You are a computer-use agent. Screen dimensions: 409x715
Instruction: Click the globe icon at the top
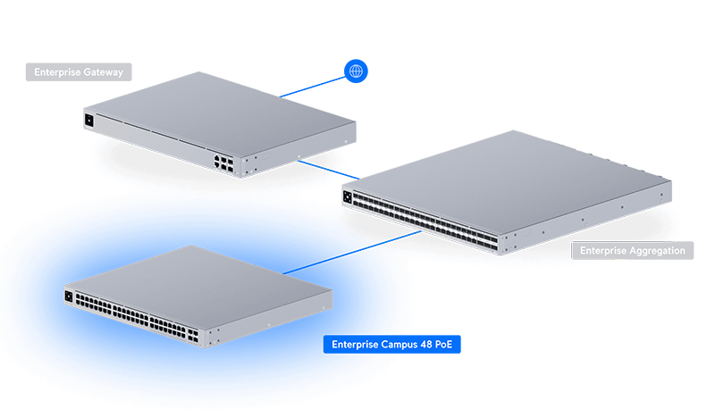tap(356, 71)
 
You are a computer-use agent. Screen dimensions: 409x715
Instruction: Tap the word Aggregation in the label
tap(657, 251)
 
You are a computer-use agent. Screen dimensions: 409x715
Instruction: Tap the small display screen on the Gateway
tap(89, 120)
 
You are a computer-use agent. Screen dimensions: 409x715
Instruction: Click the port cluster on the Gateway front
tap(223, 162)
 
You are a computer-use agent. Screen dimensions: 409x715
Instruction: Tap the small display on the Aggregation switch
tap(349, 195)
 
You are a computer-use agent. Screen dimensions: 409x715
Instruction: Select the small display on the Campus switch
tap(69, 295)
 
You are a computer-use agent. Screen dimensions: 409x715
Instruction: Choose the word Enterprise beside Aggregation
tap(603, 251)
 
